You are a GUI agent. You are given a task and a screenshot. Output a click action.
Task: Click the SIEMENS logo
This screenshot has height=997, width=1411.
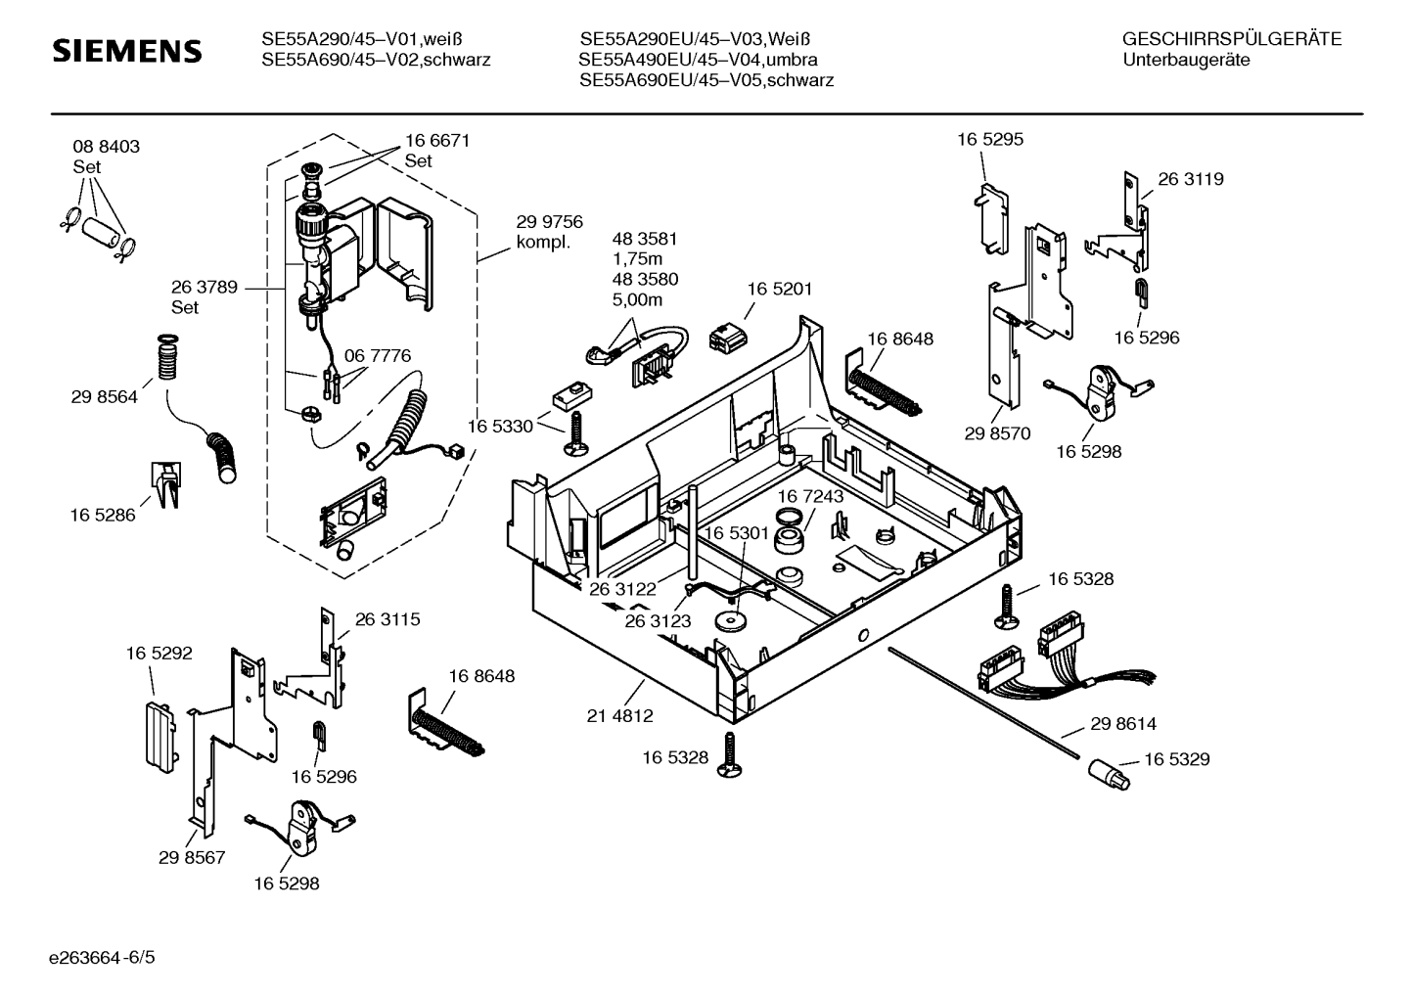click(126, 51)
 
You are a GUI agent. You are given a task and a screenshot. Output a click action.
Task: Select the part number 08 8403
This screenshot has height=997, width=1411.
click(106, 147)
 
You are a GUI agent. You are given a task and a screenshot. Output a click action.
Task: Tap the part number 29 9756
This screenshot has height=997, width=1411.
click(549, 222)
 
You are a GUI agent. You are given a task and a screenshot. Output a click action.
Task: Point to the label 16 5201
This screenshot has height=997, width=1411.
click(780, 290)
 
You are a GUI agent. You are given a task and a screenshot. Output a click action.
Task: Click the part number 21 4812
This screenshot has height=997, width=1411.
click(619, 716)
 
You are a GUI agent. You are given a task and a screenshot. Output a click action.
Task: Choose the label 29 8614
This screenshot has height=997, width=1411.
click(1123, 724)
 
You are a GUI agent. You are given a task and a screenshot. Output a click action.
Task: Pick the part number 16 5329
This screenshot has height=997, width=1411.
click(1177, 759)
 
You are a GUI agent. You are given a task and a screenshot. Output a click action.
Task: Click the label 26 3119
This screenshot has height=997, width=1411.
click(1191, 179)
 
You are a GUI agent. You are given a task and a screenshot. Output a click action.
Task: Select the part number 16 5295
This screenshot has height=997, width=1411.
click(990, 140)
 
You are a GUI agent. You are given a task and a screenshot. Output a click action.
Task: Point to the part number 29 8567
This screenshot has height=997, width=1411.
click(192, 858)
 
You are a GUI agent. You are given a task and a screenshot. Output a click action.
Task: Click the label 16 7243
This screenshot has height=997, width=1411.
click(810, 497)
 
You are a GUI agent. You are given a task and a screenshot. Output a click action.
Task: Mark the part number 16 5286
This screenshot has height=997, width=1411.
click(103, 515)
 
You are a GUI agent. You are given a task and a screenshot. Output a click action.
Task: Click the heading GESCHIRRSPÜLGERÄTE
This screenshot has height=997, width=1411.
click(1231, 40)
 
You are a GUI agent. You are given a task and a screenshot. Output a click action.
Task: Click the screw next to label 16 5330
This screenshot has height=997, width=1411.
click(574, 432)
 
